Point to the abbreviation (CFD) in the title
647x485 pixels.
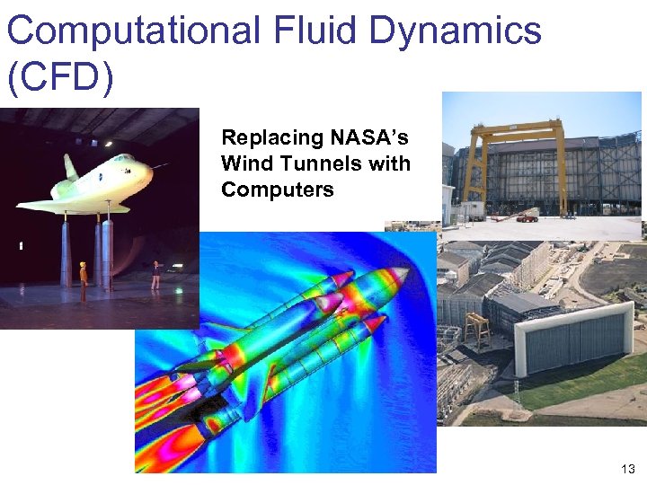60,78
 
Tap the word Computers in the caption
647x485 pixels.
277,190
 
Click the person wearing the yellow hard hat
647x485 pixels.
83,280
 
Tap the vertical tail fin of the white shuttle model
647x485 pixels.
69,167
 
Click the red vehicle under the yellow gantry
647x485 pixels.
527,216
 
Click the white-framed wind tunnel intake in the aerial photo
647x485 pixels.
572,338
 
